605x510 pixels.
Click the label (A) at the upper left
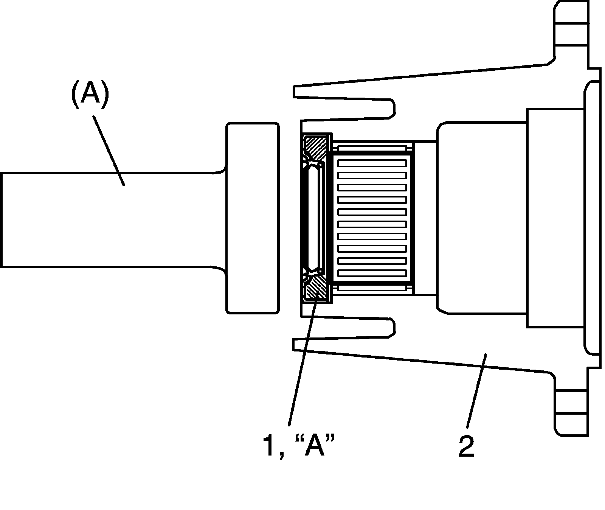pos(90,94)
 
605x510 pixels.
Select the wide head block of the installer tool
pos(252,218)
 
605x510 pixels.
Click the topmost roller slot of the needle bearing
pos(372,163)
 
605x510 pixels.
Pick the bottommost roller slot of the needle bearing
pos(372,273)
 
